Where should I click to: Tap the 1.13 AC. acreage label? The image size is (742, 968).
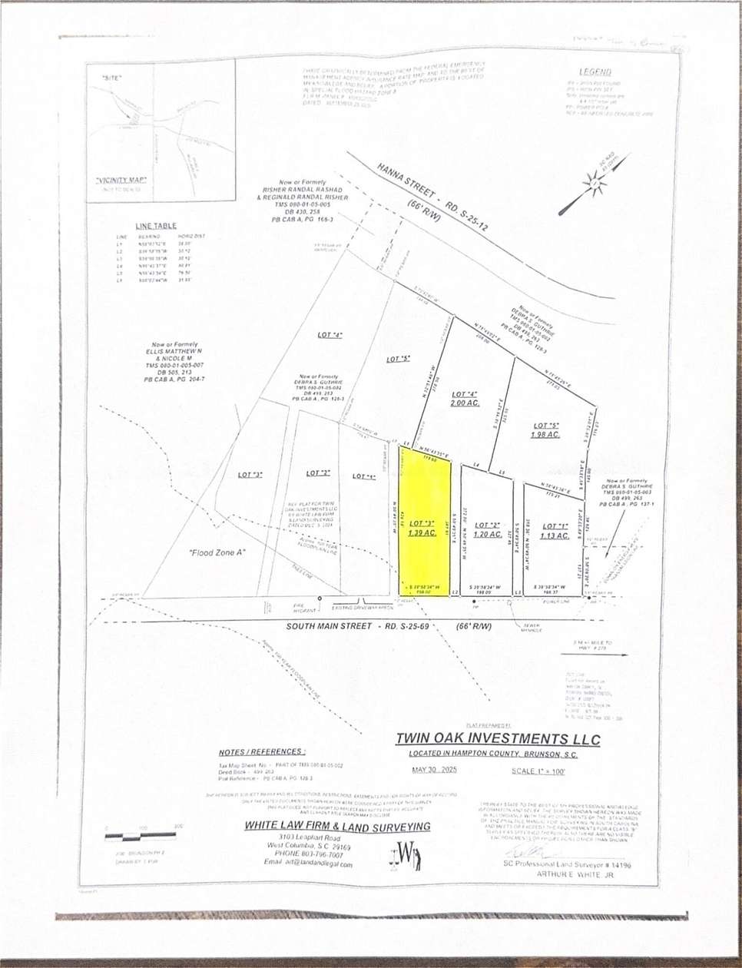(x=554, y=535)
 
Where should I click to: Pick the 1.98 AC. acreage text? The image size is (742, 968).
(x=545, y=435)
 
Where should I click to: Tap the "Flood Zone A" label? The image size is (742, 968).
(x=216, y=552)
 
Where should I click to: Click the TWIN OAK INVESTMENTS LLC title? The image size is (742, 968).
(x=498, y=739)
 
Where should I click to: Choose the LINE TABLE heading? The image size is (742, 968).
(x=156, y=226)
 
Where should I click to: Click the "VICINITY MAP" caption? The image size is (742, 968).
(x=121, y=180)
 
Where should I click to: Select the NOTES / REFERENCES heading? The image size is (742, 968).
(x=262, y=752)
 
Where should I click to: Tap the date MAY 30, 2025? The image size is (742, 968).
(x=434, y=770)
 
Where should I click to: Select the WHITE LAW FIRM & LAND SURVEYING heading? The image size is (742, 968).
(x=337, y=826)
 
